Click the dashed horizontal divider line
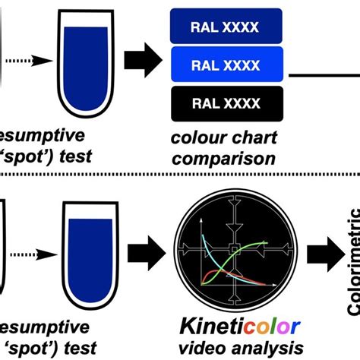180,180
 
